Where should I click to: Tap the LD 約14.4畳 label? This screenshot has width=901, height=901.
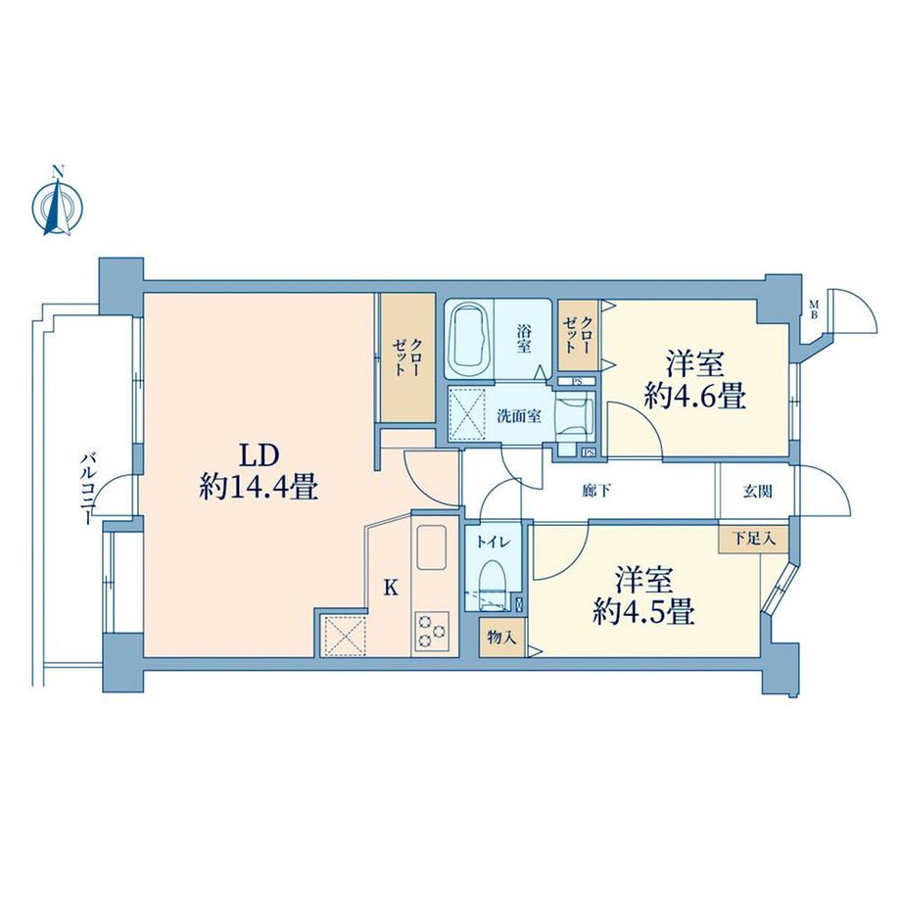[260, 472]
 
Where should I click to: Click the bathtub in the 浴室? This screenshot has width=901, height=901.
[470, 340]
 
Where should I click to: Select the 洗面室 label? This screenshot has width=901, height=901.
[519, 415]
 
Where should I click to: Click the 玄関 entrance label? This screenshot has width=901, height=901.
[757, 492]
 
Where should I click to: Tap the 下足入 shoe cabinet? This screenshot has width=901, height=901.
[753, 538]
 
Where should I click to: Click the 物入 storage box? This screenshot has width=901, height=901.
[501, 637]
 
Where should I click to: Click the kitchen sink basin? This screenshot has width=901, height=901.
[432, 545]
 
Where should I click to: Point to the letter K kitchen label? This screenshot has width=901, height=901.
[391, 588]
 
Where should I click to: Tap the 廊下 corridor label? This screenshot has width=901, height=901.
[595, 491]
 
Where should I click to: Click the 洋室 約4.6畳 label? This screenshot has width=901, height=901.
[694, 379]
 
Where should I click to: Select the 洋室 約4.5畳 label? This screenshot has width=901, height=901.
[643, 594]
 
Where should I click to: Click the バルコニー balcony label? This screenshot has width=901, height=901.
[87, 489]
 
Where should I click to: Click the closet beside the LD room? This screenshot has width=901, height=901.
[408, 358]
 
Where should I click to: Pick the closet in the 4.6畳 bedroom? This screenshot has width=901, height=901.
[579, 335]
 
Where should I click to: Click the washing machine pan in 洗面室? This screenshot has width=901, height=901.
[466, 411]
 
